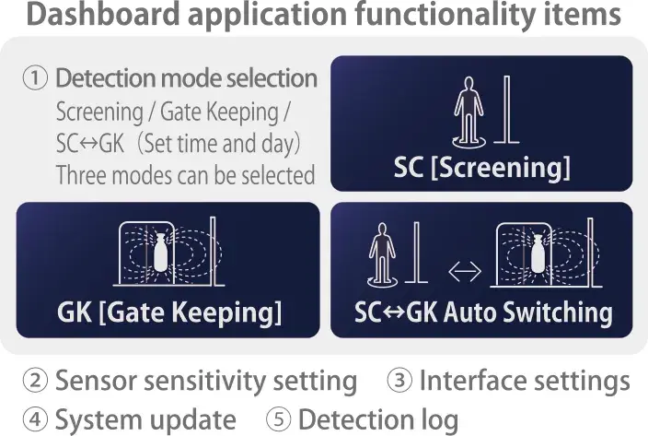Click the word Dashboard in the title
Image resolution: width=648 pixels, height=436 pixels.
(103, 14)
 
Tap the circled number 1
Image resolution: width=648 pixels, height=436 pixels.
(35, 78)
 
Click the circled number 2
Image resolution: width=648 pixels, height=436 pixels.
(35, 380)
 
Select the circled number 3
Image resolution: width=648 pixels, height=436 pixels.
(399, 380)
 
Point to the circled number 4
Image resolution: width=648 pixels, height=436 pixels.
(35, 419)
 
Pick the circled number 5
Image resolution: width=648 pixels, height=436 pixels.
(279, 419)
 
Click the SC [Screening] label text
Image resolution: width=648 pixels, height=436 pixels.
(482, 168)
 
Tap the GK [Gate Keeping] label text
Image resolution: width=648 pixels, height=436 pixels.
(169, 312)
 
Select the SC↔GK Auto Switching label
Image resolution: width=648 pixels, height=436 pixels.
(483, 312)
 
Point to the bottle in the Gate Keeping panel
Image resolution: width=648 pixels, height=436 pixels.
(159, 253)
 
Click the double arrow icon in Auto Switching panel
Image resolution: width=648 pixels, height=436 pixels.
(465, 271)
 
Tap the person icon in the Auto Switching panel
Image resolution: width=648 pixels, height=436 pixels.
(382, 254)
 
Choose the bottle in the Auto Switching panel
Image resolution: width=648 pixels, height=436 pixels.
(537, 253)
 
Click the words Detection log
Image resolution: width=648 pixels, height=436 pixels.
(378, 419)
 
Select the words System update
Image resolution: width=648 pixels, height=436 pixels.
(145, 419)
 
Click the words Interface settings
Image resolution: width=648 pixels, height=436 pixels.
(525, 381)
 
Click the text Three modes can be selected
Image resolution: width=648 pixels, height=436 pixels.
(185, 174)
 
